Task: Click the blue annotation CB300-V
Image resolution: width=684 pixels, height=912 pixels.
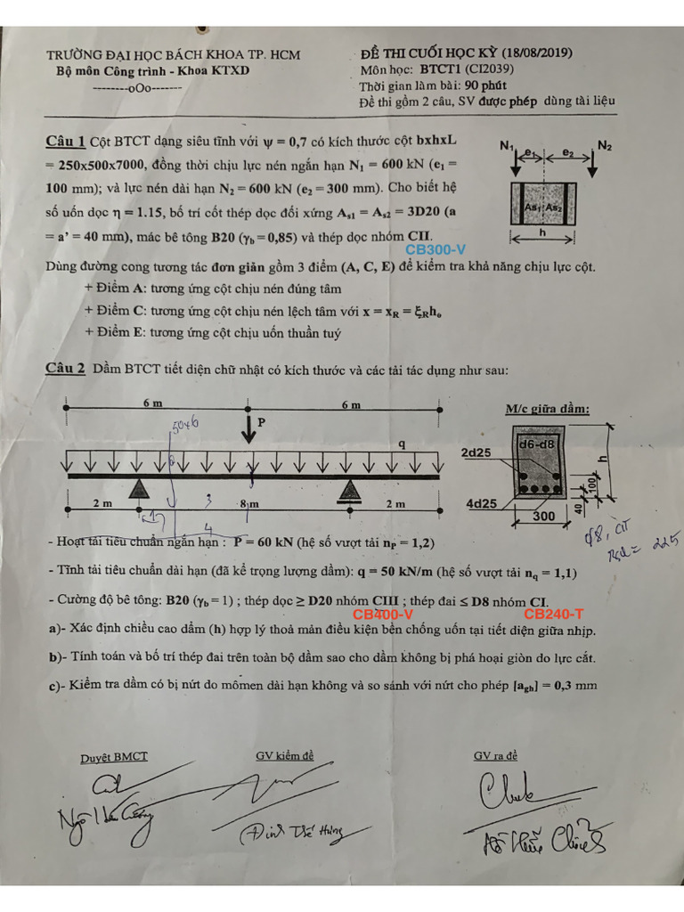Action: point(436,251)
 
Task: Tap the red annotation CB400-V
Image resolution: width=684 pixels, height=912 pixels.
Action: point(382,614)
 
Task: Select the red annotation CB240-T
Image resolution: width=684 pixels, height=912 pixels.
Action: point(553,614)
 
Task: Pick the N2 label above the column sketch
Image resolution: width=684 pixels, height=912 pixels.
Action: point(605,145)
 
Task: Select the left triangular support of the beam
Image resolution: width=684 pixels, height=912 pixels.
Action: point(139,488)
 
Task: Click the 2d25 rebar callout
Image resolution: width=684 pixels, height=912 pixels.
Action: point(476,452)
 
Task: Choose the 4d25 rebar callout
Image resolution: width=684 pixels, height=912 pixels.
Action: point(481,504)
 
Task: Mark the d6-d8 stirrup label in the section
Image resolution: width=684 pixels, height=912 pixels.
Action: point(536,442)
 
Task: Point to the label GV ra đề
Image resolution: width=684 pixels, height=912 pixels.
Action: point(494,756)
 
